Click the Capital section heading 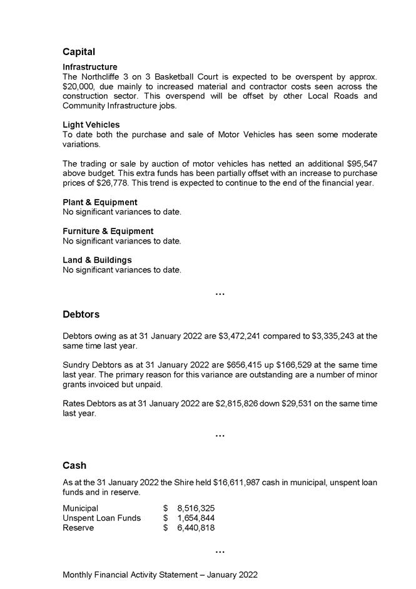[79, 52]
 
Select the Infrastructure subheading [89, 67]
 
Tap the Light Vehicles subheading [91, 125]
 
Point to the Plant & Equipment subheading [99, 202]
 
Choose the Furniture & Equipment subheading [108, 231]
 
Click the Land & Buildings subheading [97, 260]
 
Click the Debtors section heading [81, 314]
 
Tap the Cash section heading [74, 466]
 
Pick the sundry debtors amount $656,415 [241, 365]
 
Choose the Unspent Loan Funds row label [101, 518]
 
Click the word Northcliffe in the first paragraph [103, 76]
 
